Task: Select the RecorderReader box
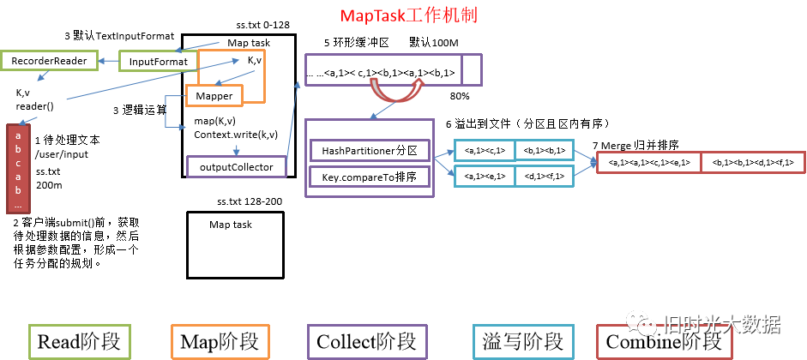pyautogui.click(x=49, y=61)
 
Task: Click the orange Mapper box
pyautogui.click(x=214, y=96)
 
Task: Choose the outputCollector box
pyautogui.click(x=237, y=166)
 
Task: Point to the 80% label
pyautogui.click(x=460, y=95)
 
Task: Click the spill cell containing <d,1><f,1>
pyautogui.click(x=545, y=176)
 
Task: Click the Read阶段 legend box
pyautogui.click(x=79, y=341)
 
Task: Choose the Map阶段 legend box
pyautogui.click(x=220, y=341)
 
